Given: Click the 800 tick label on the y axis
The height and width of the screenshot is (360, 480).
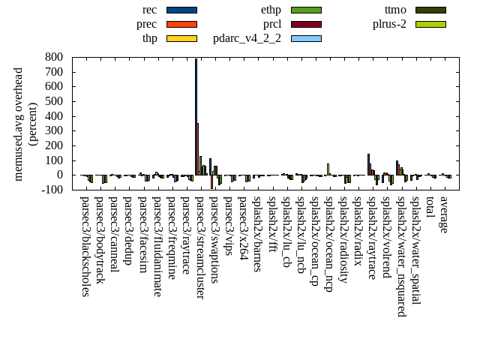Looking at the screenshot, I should coord(54,56).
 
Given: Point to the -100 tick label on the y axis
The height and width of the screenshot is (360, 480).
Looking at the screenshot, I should coord(52,190).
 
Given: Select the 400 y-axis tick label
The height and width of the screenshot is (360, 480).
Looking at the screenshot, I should coord(54,115).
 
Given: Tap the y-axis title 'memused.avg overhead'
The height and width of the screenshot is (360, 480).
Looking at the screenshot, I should coord(19,124).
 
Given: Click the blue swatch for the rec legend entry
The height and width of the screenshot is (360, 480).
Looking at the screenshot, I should coord(181,10).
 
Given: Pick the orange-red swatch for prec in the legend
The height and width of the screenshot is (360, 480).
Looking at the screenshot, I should coord(181,24).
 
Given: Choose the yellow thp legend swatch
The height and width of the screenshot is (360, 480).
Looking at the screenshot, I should coord(181,38).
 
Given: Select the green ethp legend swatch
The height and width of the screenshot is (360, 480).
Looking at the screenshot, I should coord(306,10).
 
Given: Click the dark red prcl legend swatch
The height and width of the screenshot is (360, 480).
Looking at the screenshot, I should coord(306,24).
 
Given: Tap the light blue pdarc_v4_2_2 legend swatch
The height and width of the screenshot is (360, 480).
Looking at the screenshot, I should coord(306,38).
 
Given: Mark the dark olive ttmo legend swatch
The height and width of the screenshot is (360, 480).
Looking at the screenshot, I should coord(430,10).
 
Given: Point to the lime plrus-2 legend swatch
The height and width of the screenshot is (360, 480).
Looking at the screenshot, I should coord(430,24).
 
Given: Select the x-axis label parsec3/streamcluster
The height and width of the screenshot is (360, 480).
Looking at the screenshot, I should coord(200,247).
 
